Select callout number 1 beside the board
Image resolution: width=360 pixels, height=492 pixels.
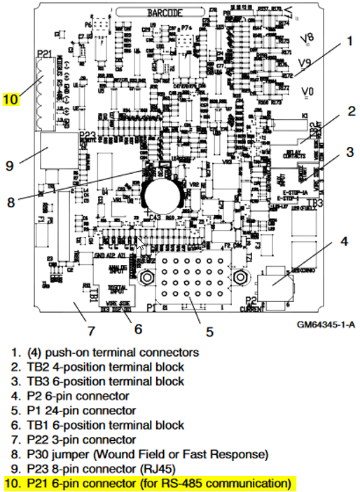tap(348, 41)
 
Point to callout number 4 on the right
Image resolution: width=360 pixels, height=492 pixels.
tap(344, 242)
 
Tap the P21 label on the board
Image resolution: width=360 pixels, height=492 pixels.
tap(43, 54)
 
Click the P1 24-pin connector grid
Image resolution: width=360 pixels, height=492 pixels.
tap(186, 278)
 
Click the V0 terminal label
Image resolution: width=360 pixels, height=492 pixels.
tap(308, 91)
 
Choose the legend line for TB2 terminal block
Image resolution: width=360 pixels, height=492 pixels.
tap(104, 367)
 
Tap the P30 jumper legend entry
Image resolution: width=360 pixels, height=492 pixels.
tap(147, 454)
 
